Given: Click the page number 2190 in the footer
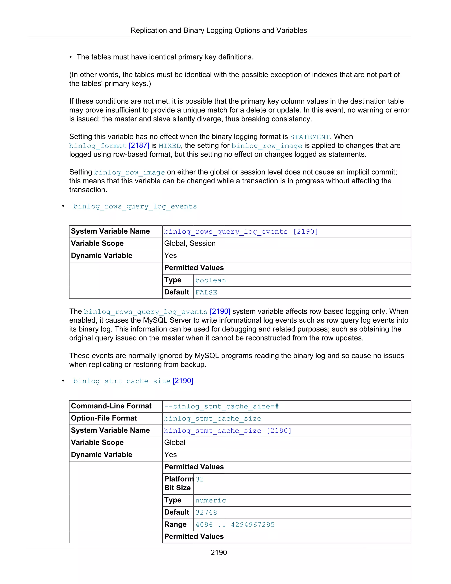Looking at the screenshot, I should click(218, 552).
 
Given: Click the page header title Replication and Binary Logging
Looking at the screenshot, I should click(218, 30).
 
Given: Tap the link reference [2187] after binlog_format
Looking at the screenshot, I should click(139, 145).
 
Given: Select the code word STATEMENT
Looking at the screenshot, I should click(310, 137).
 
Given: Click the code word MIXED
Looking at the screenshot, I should click(170, 146).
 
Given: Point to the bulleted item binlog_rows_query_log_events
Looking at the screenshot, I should click(135, 206).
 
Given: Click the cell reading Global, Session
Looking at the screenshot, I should click(190, 243).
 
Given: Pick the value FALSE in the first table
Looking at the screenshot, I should click(206, 292).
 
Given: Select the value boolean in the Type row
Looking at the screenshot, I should click(211, 280).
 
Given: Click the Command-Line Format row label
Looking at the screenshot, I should click(111, 406).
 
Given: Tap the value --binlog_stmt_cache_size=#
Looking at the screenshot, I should click(221, 406).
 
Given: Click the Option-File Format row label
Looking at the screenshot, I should click(104, 418).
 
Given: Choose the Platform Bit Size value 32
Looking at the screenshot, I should click(200, 479).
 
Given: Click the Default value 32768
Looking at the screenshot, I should click(206, 512).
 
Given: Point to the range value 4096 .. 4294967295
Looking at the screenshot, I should click(235, 525).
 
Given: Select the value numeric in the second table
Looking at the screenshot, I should click(211, 500).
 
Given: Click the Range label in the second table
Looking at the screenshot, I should click(175, 524).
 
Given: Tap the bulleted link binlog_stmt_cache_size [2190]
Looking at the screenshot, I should click(133, 381).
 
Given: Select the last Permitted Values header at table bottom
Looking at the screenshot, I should click(194, 536).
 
